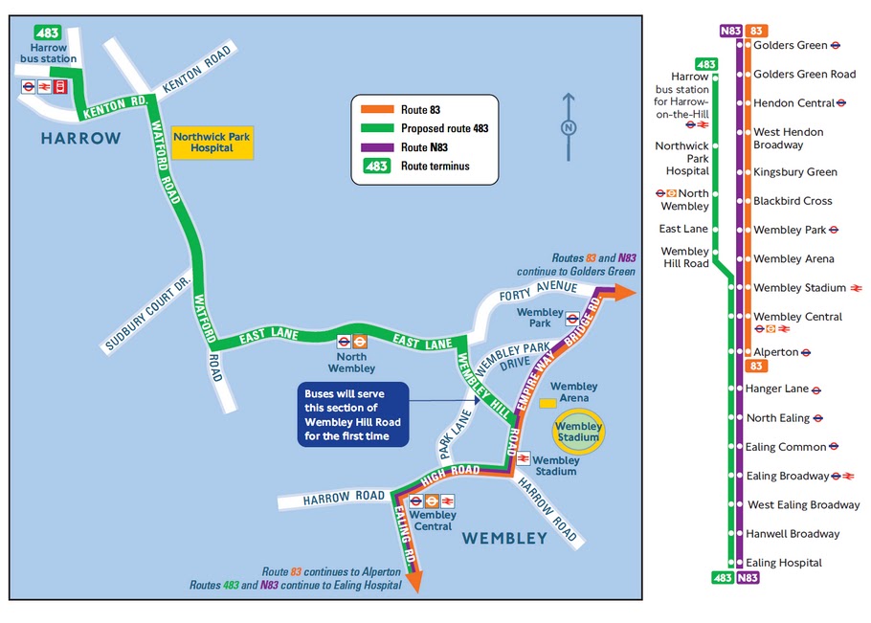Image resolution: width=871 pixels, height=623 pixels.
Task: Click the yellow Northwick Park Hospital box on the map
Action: click(x=203, y=143)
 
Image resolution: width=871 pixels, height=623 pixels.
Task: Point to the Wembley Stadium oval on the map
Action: click(x=579, y=432)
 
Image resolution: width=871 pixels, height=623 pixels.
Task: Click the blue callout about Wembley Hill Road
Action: click(x=353, y=413)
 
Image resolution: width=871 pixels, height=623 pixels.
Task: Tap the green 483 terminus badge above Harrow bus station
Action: click(x=47, y=32)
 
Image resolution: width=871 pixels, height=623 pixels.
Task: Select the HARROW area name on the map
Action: click(x=81, y=139)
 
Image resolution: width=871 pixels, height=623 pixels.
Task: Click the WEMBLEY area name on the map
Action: click(x=504, y=539)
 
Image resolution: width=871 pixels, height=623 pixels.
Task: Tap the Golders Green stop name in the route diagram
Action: click(x=790, y=45)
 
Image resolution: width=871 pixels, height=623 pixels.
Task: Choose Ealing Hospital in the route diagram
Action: click(x=784, y=563)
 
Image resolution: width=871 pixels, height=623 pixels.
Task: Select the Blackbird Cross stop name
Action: click(x=793, y=201)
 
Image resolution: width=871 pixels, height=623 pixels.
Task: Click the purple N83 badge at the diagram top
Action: click(x=730, y=30)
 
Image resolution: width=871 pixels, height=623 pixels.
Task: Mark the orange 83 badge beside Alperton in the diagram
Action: click(x=756, y=366)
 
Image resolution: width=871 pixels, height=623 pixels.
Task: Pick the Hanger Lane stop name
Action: click(x=777, y=389)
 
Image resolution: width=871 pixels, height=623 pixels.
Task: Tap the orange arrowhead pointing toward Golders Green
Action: click(x=625, y=293)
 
